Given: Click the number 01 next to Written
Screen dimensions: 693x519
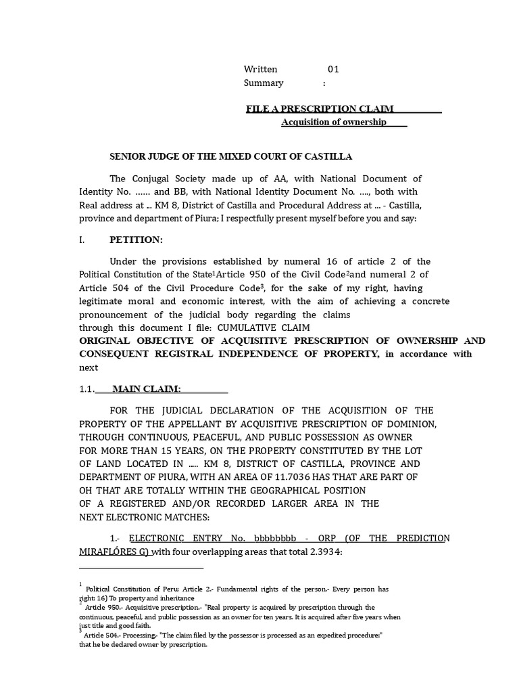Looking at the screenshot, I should (x=333, y=69).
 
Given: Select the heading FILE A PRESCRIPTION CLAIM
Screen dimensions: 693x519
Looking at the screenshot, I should (x=320, y=108).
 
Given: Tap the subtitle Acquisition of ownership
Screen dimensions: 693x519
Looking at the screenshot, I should (x=334, y=122).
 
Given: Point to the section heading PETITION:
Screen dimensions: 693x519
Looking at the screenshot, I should (x=136, y=240).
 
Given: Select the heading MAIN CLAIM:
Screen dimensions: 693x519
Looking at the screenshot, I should (x=146, y=388).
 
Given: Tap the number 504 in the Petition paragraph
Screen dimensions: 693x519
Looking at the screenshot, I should (x=128, y=288).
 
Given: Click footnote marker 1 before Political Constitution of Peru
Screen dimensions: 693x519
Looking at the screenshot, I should (x=80, y=583).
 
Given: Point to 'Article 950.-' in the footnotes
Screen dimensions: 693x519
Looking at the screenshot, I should (x=105, y=608).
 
